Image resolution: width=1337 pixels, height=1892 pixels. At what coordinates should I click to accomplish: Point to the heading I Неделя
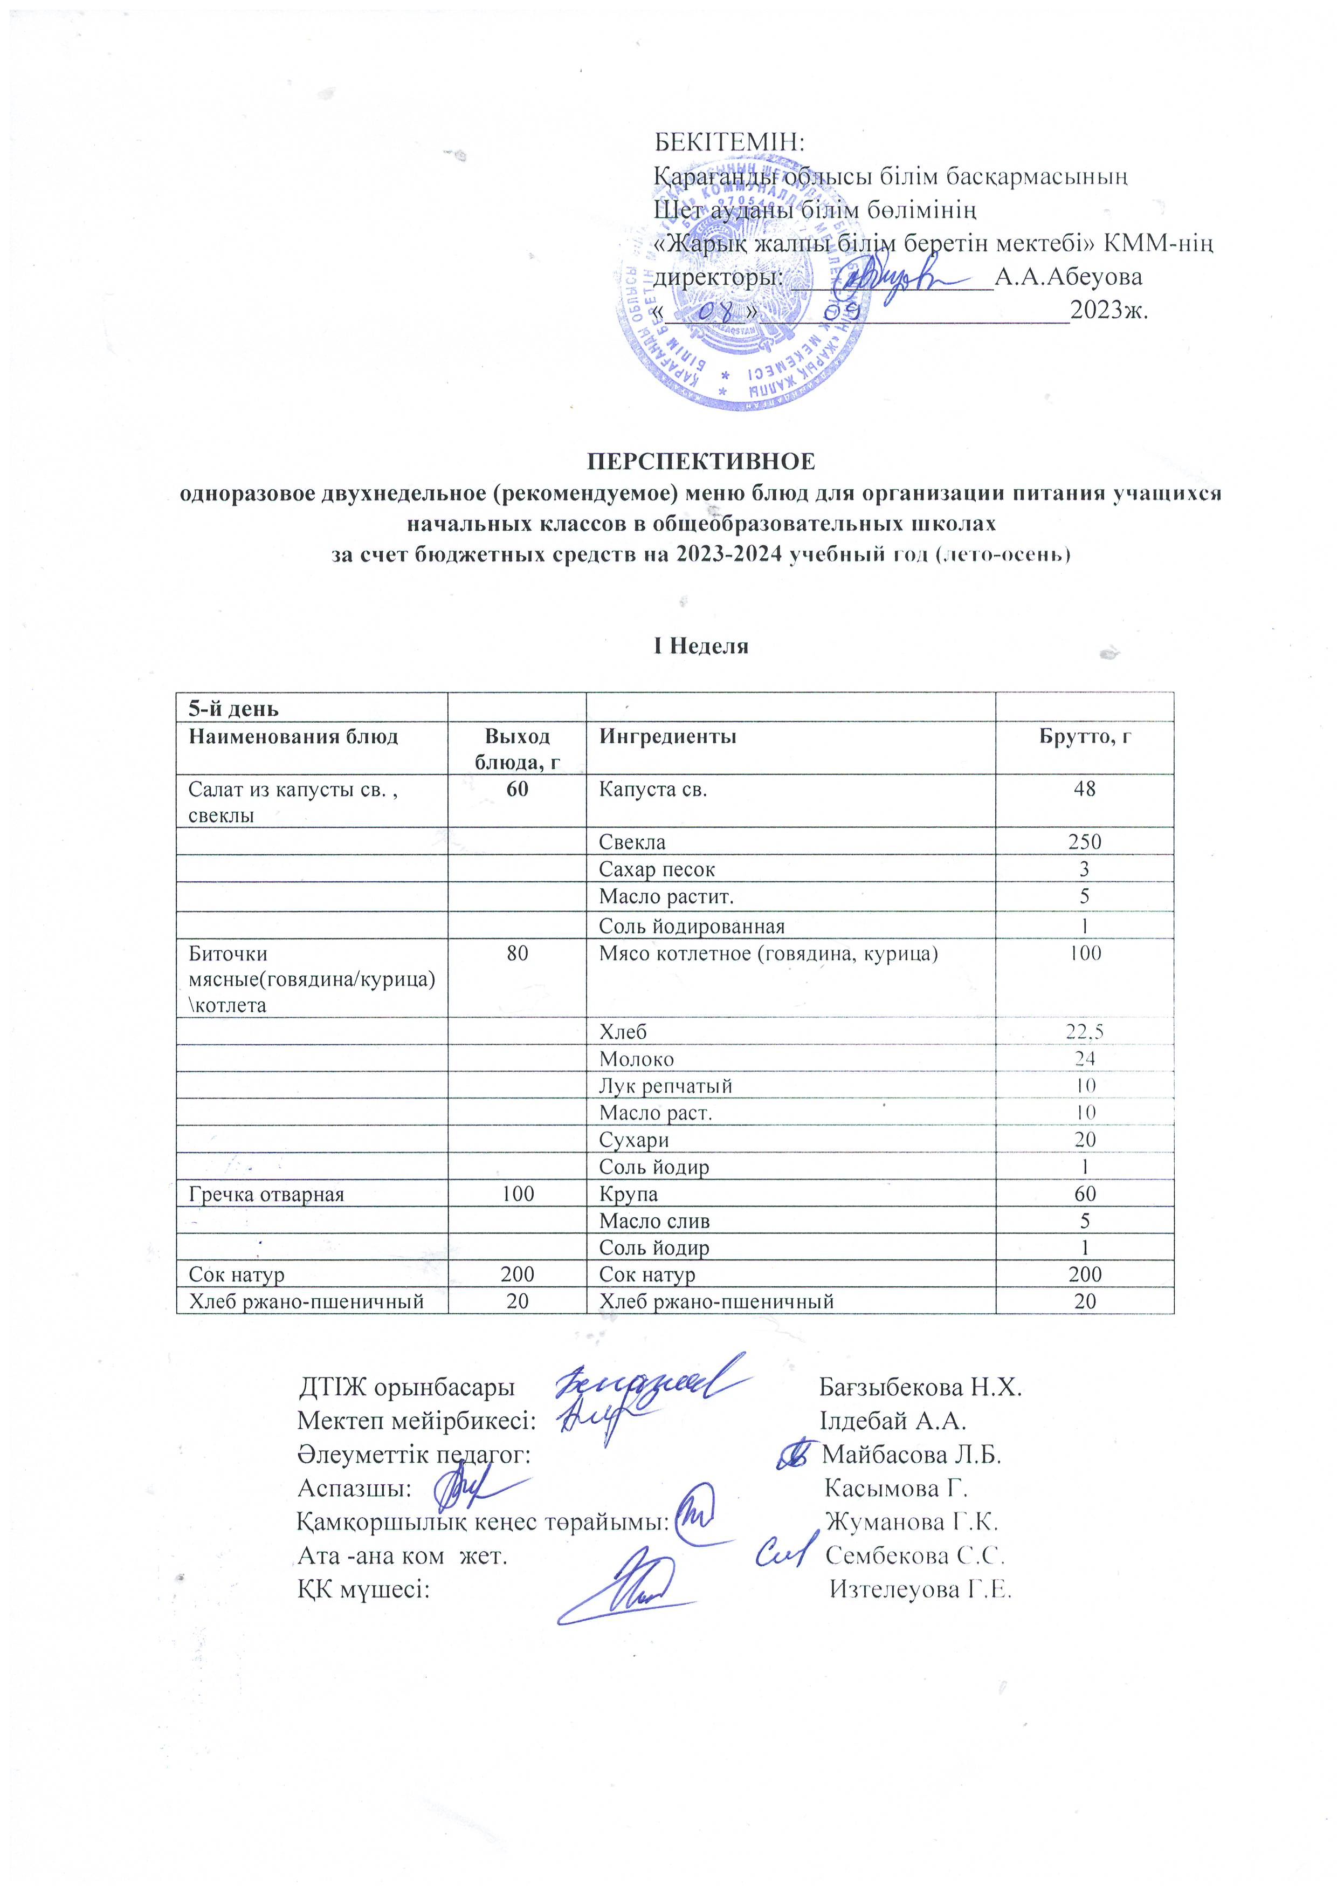point(701,645)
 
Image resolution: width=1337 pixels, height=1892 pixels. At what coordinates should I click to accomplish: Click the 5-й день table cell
point(234,709)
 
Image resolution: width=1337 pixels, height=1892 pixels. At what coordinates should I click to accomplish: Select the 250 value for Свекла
point(1084,842)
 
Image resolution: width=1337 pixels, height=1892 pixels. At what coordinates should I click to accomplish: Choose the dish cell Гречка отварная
point(266,1194)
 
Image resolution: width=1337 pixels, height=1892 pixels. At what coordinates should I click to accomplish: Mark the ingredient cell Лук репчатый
point(666,1086)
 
